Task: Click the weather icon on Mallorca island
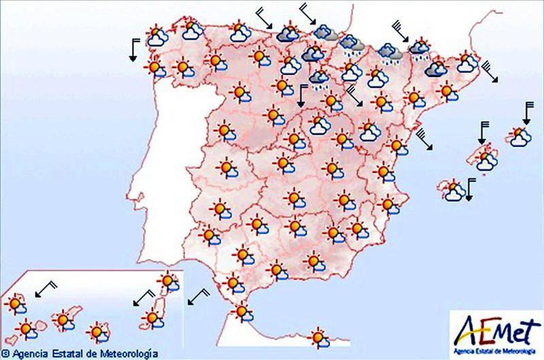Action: pyautogui.click(x=486, y=159)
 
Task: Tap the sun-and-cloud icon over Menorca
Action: pyautogui.click(x=522, y=136)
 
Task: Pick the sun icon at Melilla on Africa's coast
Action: pyautogui.click(x=317, y=337)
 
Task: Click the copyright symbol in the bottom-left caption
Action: pyautogui.click(x=5, y=354)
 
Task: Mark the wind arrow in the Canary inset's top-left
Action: pyautogui.click(x=45, y=289)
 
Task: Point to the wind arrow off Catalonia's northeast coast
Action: pyautogui.click(x=490, y=71)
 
